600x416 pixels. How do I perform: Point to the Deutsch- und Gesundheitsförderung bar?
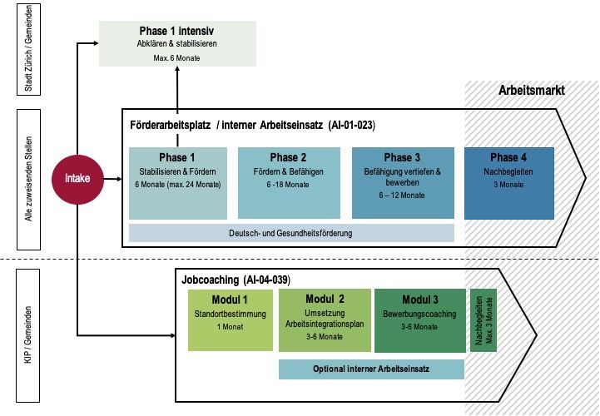coord(291,233)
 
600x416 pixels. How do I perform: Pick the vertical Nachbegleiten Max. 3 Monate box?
coord(483,319)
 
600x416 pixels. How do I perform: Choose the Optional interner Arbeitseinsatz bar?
coord(371,369)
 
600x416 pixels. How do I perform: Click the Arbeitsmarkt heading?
coord(532,90)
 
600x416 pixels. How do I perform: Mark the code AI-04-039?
coord(265,280)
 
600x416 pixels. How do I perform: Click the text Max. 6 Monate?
coord(176,58)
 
